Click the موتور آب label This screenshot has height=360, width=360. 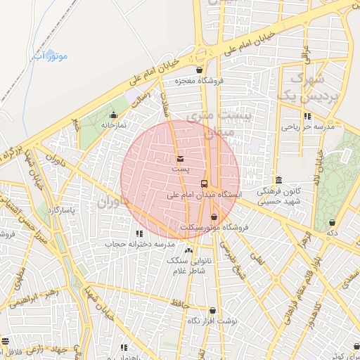pos(51,55)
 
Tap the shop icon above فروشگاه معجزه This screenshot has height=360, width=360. pos(200,70)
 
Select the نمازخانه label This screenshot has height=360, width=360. pos(112,124)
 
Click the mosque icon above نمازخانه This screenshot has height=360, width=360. pos(113,115)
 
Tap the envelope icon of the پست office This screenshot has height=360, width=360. pos(180,159)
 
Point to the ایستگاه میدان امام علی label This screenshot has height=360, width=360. pos(205,194)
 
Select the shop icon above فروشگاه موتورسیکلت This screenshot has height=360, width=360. pos(214,217)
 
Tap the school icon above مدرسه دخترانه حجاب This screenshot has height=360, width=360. pos(139,233)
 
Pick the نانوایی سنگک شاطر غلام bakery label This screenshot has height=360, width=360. pos(187,264)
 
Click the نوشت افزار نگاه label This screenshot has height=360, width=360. pos(212,320)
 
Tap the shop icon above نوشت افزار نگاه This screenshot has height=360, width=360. pos(212,310)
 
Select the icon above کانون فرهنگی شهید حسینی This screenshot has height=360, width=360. pos(279,179)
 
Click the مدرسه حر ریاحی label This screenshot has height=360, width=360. pos(307,127)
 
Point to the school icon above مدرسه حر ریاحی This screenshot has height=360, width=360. pos(307,117)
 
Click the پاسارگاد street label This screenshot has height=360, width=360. pos(60,210)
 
